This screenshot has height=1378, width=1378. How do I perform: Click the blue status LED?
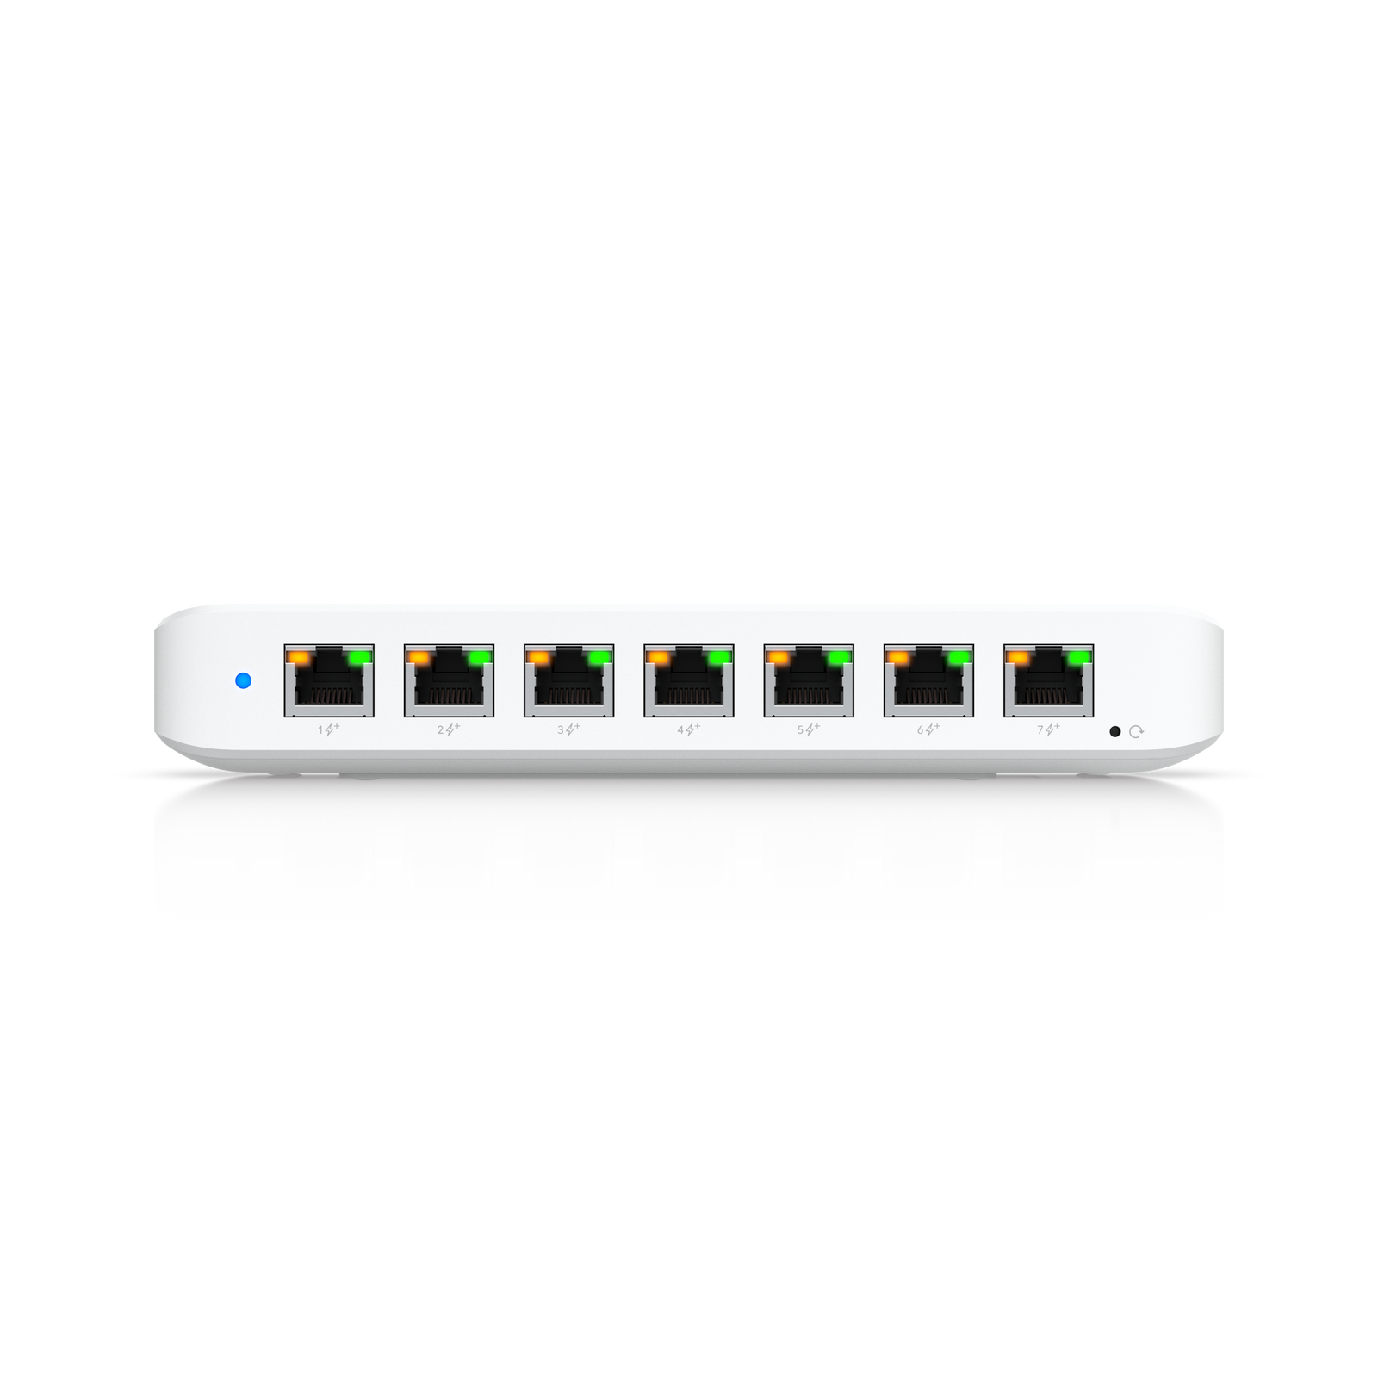243,680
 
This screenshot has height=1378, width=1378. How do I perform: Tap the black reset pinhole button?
1114,731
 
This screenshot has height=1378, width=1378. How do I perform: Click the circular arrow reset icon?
1136,731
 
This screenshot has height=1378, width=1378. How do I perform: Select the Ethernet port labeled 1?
329,680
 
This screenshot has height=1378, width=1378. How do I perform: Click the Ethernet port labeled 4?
689,680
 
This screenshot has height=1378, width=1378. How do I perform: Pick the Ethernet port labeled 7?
1048,680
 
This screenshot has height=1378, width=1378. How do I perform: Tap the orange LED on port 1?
298,657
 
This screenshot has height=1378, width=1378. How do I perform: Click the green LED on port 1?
360,657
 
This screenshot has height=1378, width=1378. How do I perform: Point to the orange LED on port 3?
538,657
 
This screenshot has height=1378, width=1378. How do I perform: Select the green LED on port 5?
840,657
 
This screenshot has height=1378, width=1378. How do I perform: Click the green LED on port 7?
1079,657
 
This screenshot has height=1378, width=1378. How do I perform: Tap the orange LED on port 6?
898,657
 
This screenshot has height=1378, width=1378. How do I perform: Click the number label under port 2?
441,729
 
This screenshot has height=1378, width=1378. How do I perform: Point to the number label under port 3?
561,729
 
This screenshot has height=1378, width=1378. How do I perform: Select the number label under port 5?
800,729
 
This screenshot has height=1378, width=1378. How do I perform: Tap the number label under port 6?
920,729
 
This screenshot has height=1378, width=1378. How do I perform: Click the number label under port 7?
1040,729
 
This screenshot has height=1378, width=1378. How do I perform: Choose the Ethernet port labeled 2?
449,680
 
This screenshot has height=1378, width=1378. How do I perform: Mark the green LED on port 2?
480,657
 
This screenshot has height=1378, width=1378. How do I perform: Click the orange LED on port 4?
658,657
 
